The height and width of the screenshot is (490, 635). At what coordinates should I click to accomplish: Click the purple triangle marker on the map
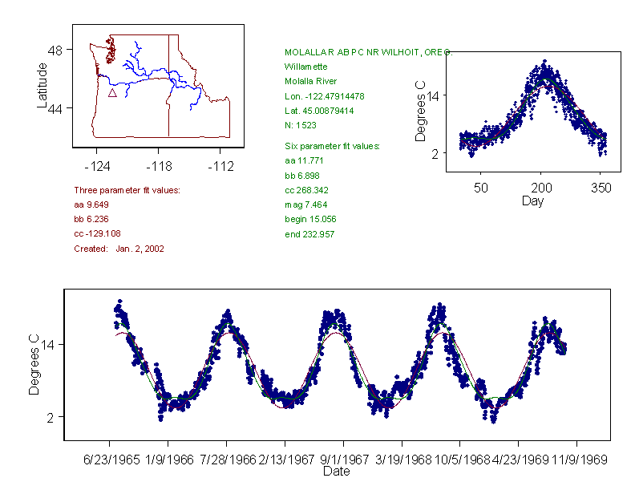coord(112,93)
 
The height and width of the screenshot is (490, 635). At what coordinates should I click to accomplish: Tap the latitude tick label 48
coord(55,50)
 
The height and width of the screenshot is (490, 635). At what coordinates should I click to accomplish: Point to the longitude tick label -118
coord(158,166)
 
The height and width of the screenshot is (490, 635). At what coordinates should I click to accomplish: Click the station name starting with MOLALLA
coord(368,52)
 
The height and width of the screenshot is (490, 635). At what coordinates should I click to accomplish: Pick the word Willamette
coord(308,67)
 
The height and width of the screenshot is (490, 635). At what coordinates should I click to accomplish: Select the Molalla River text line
coord(310,81)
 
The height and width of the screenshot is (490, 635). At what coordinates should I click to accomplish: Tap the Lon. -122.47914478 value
coord(324,96)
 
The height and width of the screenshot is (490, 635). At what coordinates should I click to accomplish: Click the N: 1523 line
coord(301,125)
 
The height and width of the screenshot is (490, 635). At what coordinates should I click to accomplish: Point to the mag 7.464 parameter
coord(305,205)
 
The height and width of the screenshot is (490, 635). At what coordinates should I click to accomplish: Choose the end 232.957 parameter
coord(309,234)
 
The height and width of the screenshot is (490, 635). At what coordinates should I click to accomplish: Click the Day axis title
coord(532,200)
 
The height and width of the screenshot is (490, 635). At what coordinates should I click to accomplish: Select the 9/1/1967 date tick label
coord(343,461)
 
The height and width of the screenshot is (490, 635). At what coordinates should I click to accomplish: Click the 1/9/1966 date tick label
coord(168,461)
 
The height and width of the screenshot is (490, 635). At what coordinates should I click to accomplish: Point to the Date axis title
coord(336,472)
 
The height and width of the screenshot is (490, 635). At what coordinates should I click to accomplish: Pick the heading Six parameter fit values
coord(332,146)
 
